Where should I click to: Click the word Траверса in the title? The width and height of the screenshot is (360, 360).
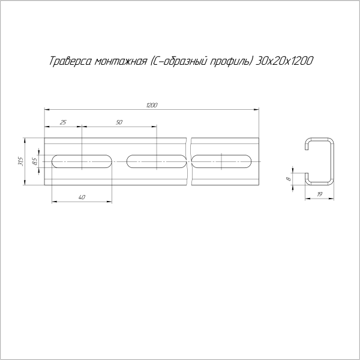(x=67, y=61)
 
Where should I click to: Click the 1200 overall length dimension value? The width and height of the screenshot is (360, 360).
(x=151, y=106)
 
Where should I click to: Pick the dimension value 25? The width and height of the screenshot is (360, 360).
(x=64, y=122)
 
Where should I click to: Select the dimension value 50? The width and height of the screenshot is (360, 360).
(x=119, y=122)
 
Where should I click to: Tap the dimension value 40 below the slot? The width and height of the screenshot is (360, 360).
(x=82, y=197)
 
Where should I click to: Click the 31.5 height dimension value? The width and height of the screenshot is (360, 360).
(x=20, y=161)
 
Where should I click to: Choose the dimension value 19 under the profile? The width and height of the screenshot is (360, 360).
(x=319, y=195)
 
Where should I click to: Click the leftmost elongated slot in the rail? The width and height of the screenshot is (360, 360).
(x=82, y=161)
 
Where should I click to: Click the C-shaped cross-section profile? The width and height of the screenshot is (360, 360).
(x=319, y=161)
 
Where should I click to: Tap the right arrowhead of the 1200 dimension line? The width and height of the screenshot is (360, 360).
(x=259, y=109)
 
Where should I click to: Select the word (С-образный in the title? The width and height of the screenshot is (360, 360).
(x=173, y=61)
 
